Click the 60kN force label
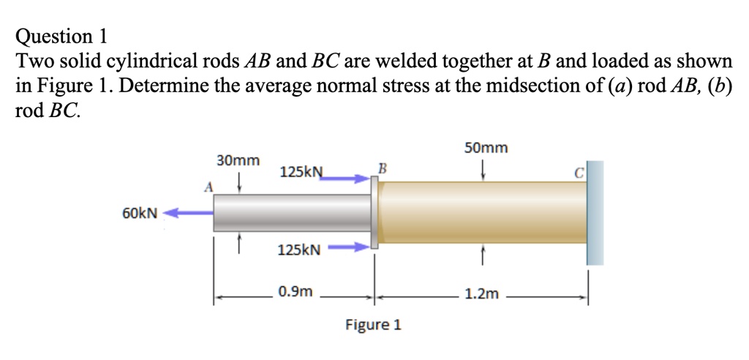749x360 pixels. click(139, 213)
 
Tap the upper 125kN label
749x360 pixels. click(301, 173)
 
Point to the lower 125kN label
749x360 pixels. click(299, 250)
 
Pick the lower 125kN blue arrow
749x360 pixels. click(348, 247)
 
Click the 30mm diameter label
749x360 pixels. click(238, 160)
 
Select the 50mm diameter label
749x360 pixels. click(486, 148)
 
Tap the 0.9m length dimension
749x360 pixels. click(296, 292)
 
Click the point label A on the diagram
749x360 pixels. click(208, 187)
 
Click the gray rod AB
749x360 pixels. click(293, 213)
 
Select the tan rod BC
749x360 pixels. click(483, 212)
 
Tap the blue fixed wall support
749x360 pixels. click(595, 212)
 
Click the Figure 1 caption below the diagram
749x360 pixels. click(373, 324)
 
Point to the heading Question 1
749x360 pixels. click(61, 35)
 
